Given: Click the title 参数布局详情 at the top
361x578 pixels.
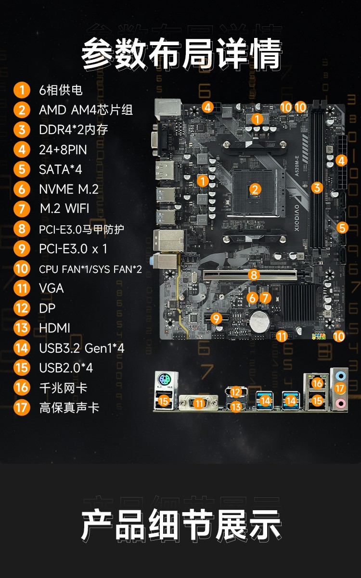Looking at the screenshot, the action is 181,54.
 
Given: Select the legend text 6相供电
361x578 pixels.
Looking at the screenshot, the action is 61,90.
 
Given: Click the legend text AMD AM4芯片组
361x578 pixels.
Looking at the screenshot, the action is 86,110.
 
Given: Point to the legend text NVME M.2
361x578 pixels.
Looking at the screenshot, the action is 69,189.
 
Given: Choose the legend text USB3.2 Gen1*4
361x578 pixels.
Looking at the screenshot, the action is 82,348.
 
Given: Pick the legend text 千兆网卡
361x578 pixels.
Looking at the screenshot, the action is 64,388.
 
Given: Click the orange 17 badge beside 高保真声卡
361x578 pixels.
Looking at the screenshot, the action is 22,407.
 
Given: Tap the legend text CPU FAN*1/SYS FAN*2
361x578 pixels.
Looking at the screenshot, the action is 90,269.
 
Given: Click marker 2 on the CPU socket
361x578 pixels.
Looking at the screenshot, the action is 255,189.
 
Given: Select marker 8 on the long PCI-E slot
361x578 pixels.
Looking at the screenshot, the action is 254,274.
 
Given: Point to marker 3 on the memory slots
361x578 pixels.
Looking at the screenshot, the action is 317,187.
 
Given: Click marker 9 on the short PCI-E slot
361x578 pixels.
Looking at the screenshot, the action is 216,319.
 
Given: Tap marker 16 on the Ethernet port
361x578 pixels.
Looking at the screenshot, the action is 318,383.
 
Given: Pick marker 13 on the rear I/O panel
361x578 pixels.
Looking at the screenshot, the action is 236,407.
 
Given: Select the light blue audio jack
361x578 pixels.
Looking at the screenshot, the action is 340,376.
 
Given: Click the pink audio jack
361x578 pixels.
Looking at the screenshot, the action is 340,403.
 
